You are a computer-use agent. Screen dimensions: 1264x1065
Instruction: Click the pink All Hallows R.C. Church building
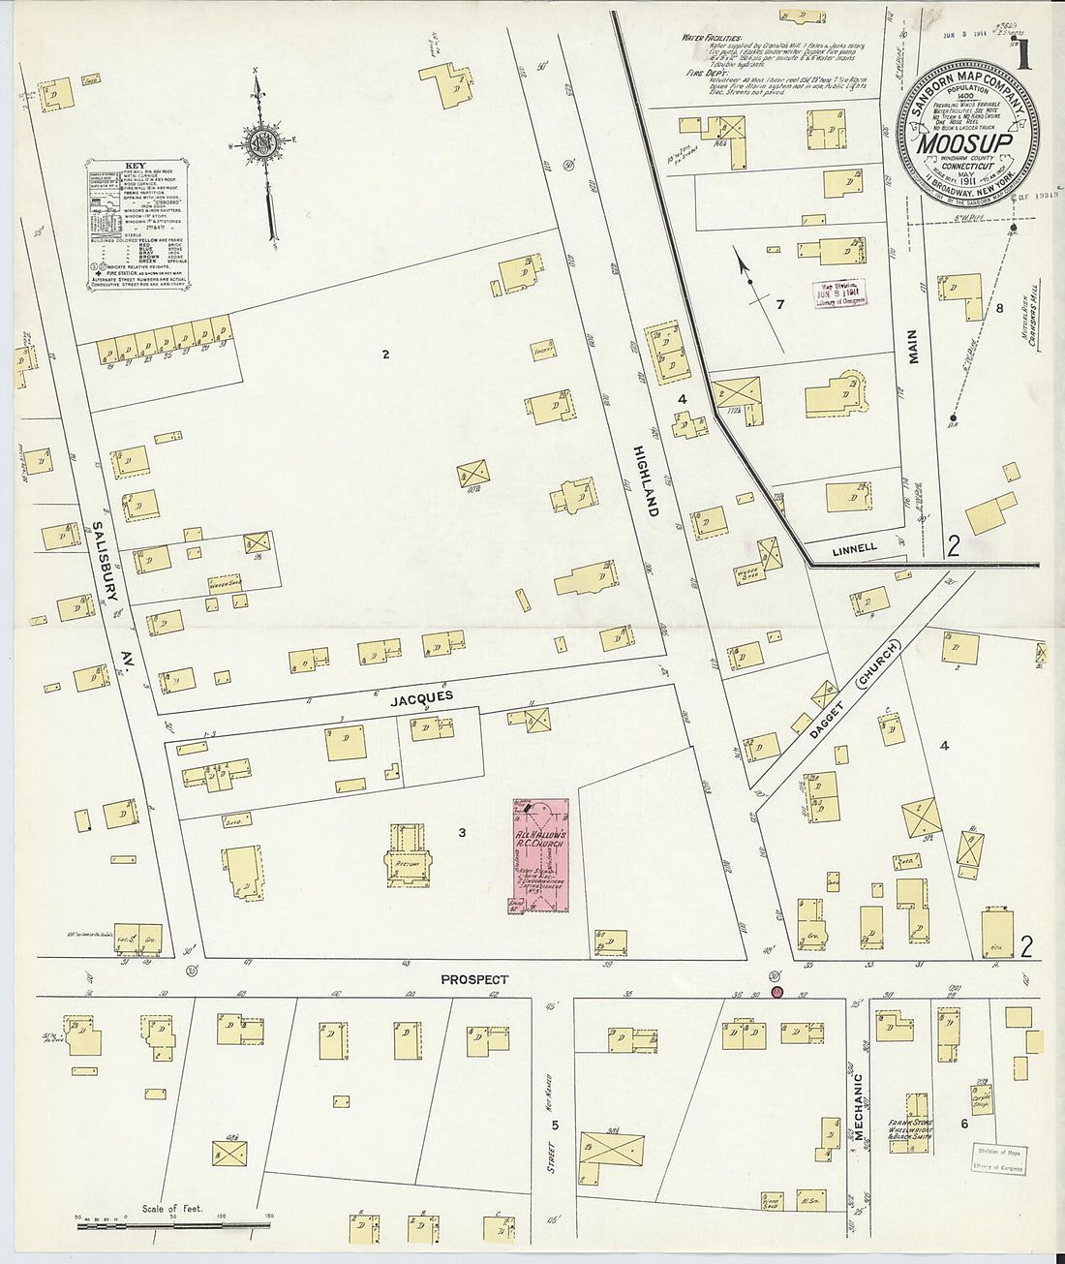tap(540, 855)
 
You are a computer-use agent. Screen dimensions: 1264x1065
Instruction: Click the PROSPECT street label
tap(474, 979)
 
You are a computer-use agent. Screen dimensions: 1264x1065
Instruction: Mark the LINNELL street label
tap(854, 548)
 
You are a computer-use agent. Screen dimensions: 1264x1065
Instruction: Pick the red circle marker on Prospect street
tap(776, 992)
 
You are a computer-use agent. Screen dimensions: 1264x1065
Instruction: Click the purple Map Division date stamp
tap(839, 293)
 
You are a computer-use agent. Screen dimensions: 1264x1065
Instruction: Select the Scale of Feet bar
tap(174, 1224)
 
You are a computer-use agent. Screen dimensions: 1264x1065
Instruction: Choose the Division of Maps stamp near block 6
tap(998, 1159)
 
